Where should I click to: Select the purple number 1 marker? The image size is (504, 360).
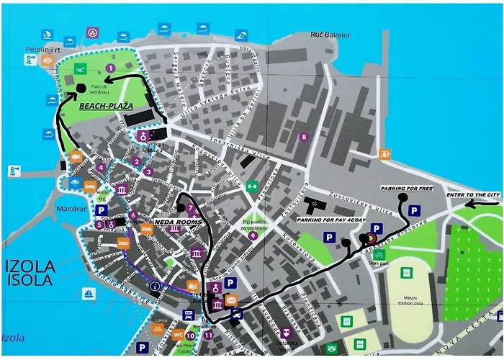click(110, 68)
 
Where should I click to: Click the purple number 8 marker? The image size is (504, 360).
click(304, 137)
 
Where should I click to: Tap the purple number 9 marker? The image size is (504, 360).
click(252, 235)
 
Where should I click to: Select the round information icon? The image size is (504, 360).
click(154, 286)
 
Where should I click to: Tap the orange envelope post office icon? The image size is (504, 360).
click(231, 299)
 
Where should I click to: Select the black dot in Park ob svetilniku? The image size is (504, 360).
click(81, 88)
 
